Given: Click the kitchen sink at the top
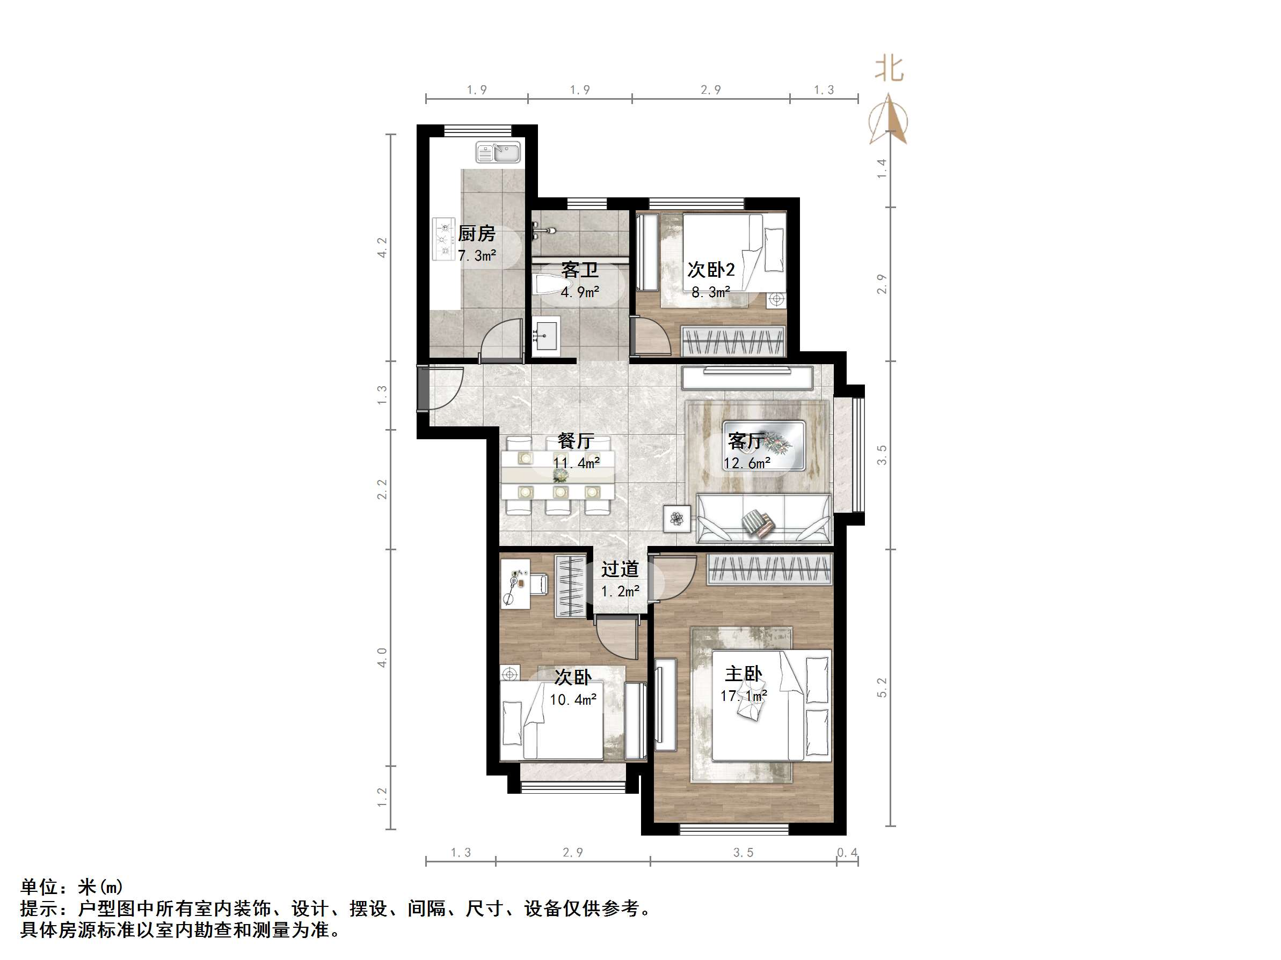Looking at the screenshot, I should click(x=498, y=153).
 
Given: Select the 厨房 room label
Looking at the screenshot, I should click(x=477, y=234).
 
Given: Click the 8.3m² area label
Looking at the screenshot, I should click(x=711, y=292).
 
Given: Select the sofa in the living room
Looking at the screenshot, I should click(x=764, y=519).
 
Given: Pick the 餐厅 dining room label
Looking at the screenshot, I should click(x=576, y=441).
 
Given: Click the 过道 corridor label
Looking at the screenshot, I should click(x=620, y=570).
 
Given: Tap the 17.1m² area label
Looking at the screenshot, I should click(x=744, y=696).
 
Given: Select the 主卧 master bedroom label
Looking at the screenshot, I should click(x=744, y=674).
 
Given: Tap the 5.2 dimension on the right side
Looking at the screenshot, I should click(x=882, y=688).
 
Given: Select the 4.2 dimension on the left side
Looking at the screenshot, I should click(x=382, y=248).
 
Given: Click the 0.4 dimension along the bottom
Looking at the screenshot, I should click(x=847, y=852).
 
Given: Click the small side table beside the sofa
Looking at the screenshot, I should click(x=676, y=518).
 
